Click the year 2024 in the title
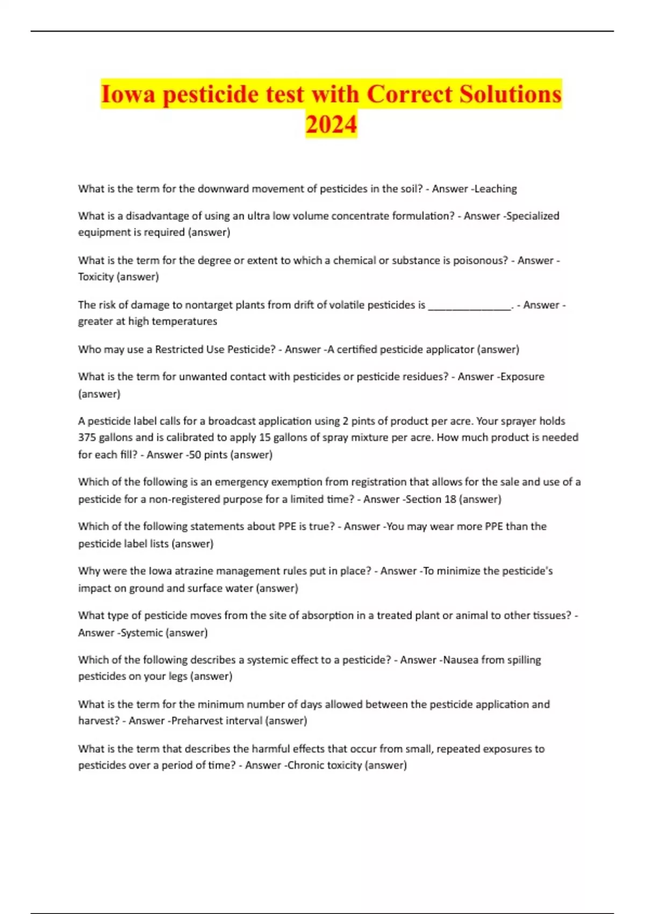[331, 124]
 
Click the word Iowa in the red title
[128, 94]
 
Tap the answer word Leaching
[496, 189]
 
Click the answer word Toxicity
[96, 277]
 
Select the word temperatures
[185, 322]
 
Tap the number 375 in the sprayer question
[87, 438]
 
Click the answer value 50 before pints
[195, 455]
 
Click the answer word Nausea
[460, 660]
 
